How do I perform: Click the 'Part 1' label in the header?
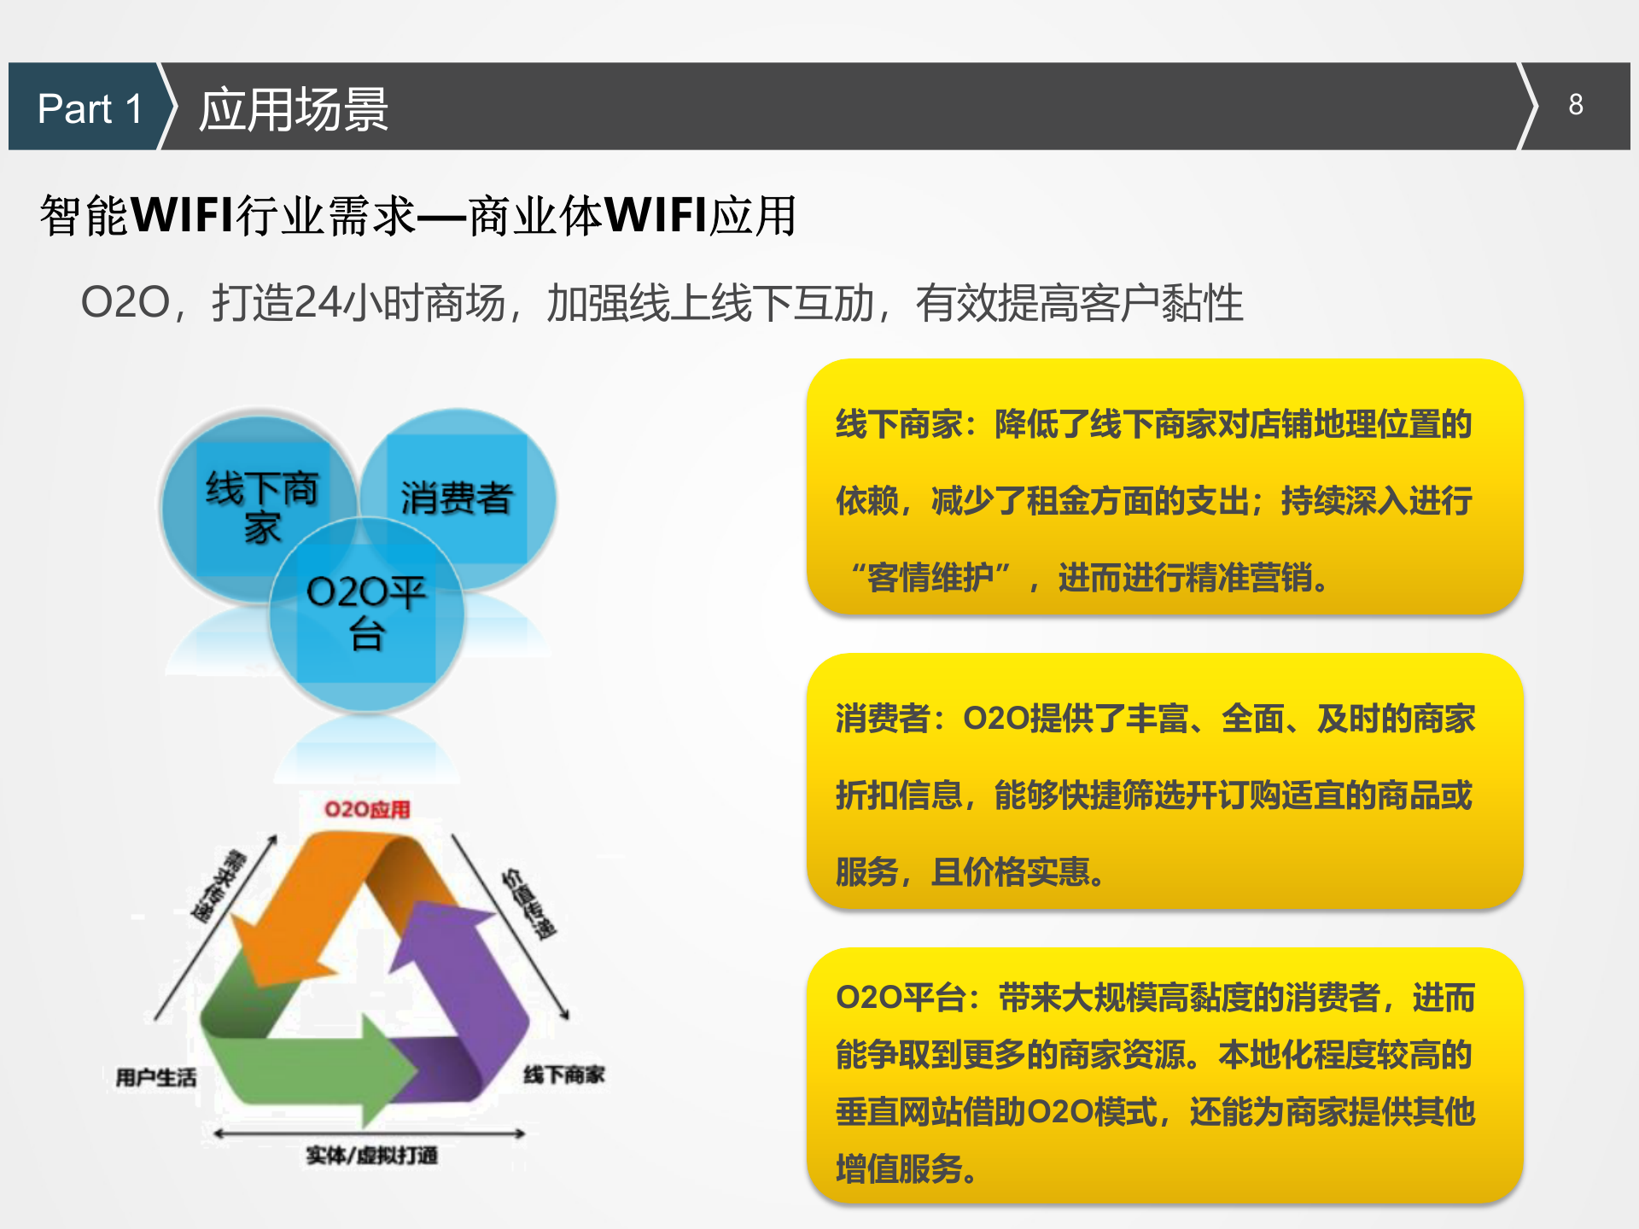point(90,108)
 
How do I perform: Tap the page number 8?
point(1575,105)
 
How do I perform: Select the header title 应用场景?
point(294,109)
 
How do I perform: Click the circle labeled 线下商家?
point(256,504)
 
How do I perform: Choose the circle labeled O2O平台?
point(367,614)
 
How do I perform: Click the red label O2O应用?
point(367,809)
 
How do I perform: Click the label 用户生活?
point(156,1078)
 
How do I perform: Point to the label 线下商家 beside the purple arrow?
point(564,1075)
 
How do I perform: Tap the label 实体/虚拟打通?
point(372,1156)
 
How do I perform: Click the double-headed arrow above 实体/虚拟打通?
point(369,1133)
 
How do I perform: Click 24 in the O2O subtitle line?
point(314,303)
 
